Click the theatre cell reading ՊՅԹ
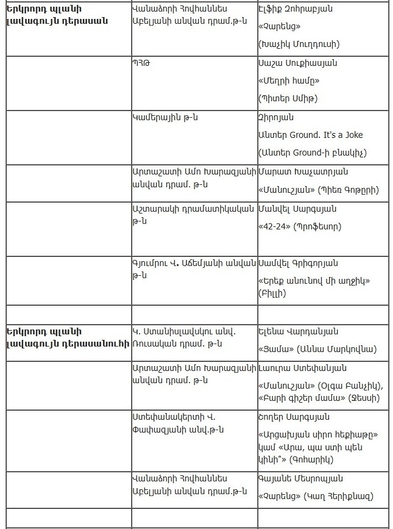tap(141, 63)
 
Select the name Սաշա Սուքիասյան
tap(297, 63)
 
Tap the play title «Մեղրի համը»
tap(289, 81)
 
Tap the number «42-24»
tap(274, 226)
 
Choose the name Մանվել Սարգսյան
tap(297, 209)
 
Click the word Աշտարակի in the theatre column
tap(154, 209)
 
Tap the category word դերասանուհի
tap(97, 343)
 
